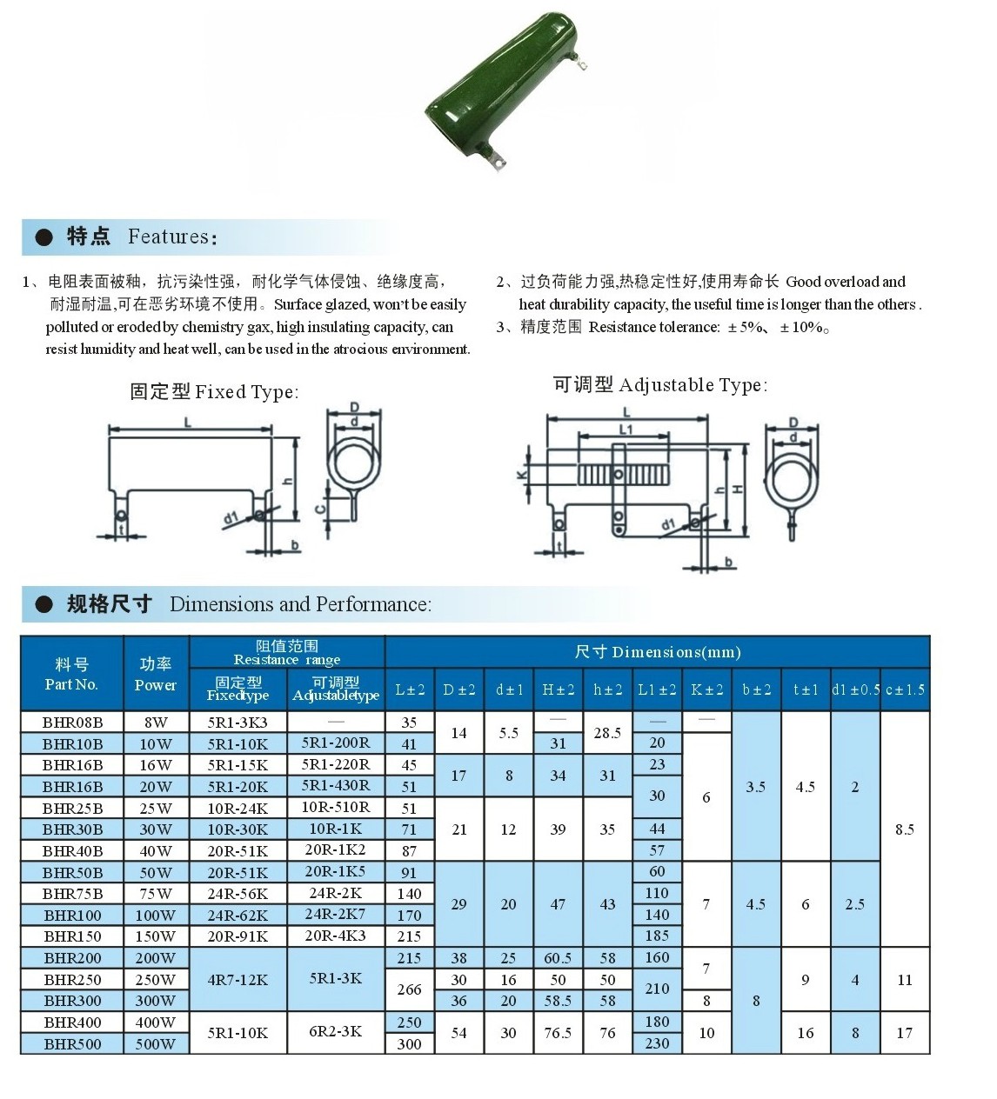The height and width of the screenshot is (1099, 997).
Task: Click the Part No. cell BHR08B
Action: pyautogui.click(x=72, y=722)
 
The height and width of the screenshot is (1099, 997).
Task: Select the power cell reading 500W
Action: pyautogui.click(x=156, y=1043)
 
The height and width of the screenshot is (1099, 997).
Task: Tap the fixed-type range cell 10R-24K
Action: pyautogui.click(x=238, y=808)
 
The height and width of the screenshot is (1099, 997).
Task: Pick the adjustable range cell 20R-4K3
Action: pyautogui.click(x=336, y=936)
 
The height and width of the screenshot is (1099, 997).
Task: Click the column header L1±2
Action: pyautogui.click(x=657, y=689)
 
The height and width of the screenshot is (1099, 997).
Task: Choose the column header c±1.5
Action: pyautogui.click(x=905, y=689)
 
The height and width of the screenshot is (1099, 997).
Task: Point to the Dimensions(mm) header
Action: pyautogui.click(x=658, y=652)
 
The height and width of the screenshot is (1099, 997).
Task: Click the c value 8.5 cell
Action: pyautogui.click(x=905, y=829)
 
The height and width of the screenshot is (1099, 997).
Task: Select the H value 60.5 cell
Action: pyautogui.click(x=558, y=957)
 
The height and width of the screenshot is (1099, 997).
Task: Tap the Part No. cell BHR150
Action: pyautogui.click(x=72, y=936)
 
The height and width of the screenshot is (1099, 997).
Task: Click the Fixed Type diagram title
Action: pyautogui.click(x=214, y=391)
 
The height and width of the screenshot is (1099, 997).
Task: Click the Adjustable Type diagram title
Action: pyautogui.click(x=660, y=384)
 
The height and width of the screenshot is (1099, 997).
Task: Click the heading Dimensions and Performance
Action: pyautogui.click(x=300, y=603)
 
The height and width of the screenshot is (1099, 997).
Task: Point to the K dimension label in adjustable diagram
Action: pyautogui.click(x=520, y=475)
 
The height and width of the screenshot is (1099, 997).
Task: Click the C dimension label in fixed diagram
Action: pyautogui.click(x=319, y=509)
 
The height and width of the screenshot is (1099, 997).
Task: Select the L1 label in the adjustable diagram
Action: pyautogui.click(x=626, y=430)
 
